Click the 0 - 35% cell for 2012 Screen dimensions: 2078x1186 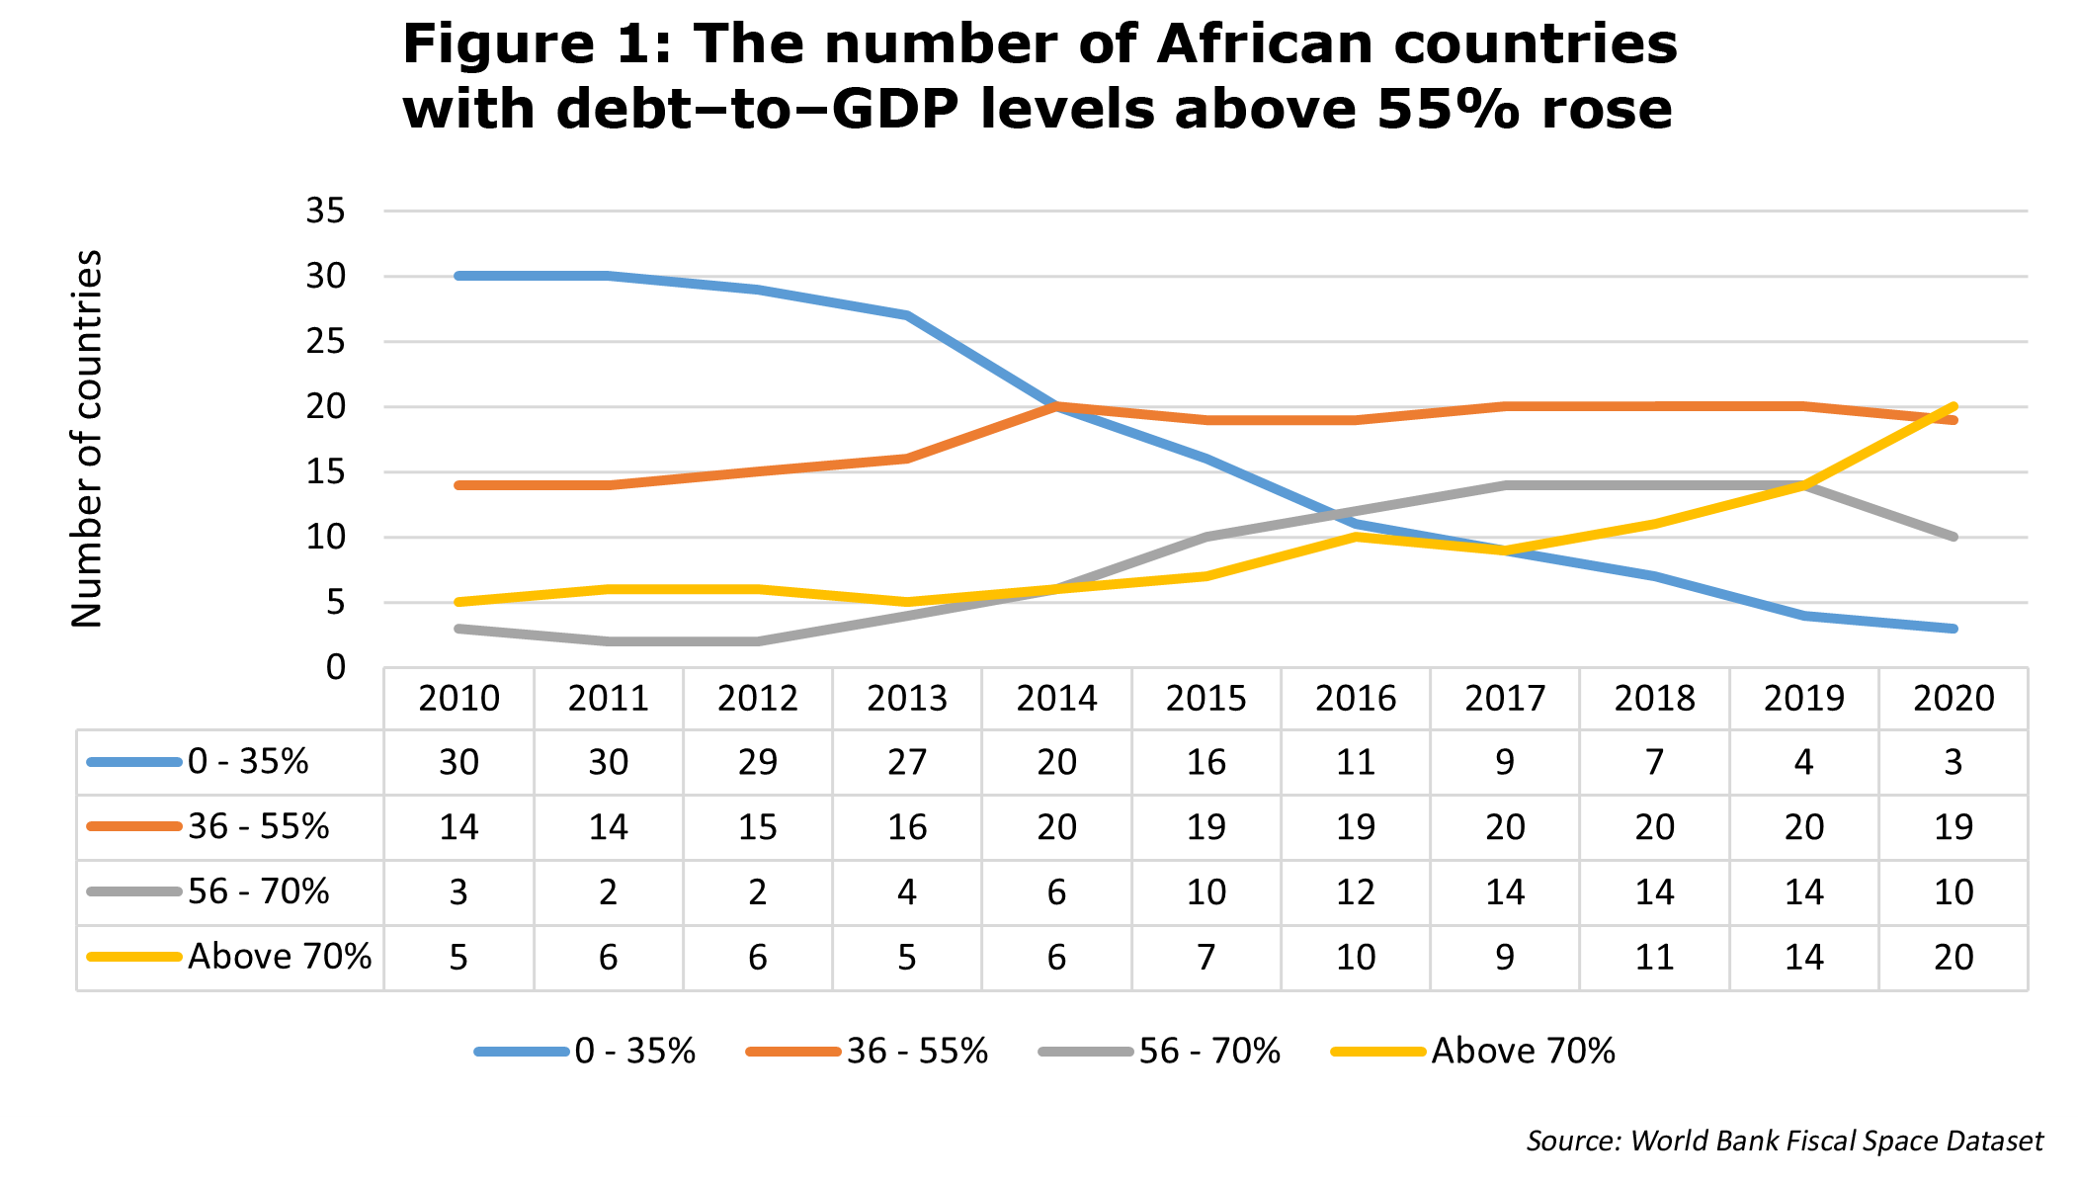(x=758, y=762)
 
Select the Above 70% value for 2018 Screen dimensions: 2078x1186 (x=1655, y=957)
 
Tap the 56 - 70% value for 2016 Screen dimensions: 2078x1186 (x=1356, y=892)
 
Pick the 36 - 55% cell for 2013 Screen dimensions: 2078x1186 (x=907, y=827)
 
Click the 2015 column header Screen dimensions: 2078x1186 (x=1206, y=699)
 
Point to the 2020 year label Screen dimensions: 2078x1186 (x=1953, y=699)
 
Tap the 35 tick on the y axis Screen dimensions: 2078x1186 (x=326, y=211)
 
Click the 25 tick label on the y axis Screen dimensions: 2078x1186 (x=326, y=342)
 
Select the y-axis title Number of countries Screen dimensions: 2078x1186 (x=87, y=439)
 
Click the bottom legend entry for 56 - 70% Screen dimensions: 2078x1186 (x=1160, y=1051)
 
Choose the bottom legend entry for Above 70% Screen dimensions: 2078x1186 (x=1473, y=1051)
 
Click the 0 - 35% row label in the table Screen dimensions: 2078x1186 (x=198, y=762)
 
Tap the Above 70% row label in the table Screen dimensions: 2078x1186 (x=229, y=957)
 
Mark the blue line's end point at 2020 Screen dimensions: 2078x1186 (x=1953, y=629)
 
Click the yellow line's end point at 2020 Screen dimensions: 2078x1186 (x=1953, y=406)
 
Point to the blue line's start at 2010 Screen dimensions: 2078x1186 (x=459, y=276)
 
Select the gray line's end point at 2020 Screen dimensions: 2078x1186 (x=1953, y=538)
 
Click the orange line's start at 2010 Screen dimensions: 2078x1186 (x=459, y=485)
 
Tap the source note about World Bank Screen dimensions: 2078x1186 (x=1785, y=1142)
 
